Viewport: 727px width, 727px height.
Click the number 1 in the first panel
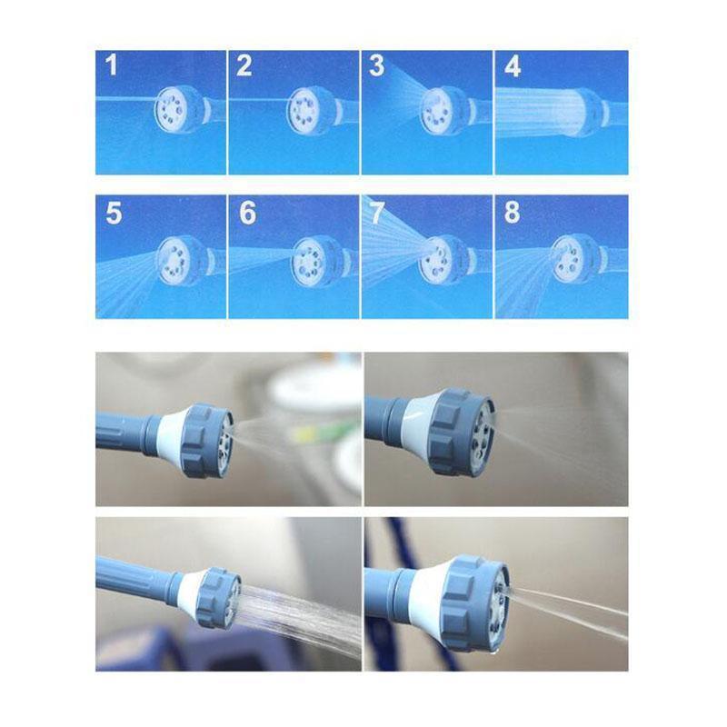(111, 65)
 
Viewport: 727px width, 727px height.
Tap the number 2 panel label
(244, 65)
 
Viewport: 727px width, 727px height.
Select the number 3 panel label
(376, 65)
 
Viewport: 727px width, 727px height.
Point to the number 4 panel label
(513, 66)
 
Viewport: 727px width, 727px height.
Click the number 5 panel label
(114, 213)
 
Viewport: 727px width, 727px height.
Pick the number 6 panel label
(247, 213)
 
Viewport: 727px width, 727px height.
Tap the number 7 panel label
(377, 213)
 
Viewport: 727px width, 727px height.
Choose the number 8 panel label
(512, 213)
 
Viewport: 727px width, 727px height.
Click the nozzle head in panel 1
(178, 109)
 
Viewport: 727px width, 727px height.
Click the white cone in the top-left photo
(170, 429)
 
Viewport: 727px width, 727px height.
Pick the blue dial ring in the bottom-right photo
(473, 603)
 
